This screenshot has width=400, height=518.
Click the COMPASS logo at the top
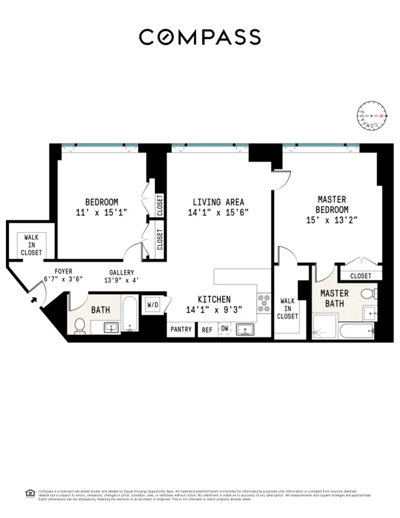(x=199, y=37)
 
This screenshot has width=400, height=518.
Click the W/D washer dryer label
(x=153, y=304)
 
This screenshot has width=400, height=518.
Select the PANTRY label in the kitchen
(x=181, y=330)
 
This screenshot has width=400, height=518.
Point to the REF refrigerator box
(x=207, y=330)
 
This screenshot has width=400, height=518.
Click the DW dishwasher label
(x=225, y=328)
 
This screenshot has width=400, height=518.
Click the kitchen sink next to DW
(x=246, y=329)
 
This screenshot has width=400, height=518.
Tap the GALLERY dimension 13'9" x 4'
(x=121, y=281)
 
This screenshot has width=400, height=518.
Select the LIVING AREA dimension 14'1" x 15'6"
(x=218, y=213)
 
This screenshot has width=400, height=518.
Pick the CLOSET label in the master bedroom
(x=359, y=276)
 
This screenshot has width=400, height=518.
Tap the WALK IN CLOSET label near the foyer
(x=31, y=245)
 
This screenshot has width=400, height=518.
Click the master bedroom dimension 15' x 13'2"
(x=331, y=220)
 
